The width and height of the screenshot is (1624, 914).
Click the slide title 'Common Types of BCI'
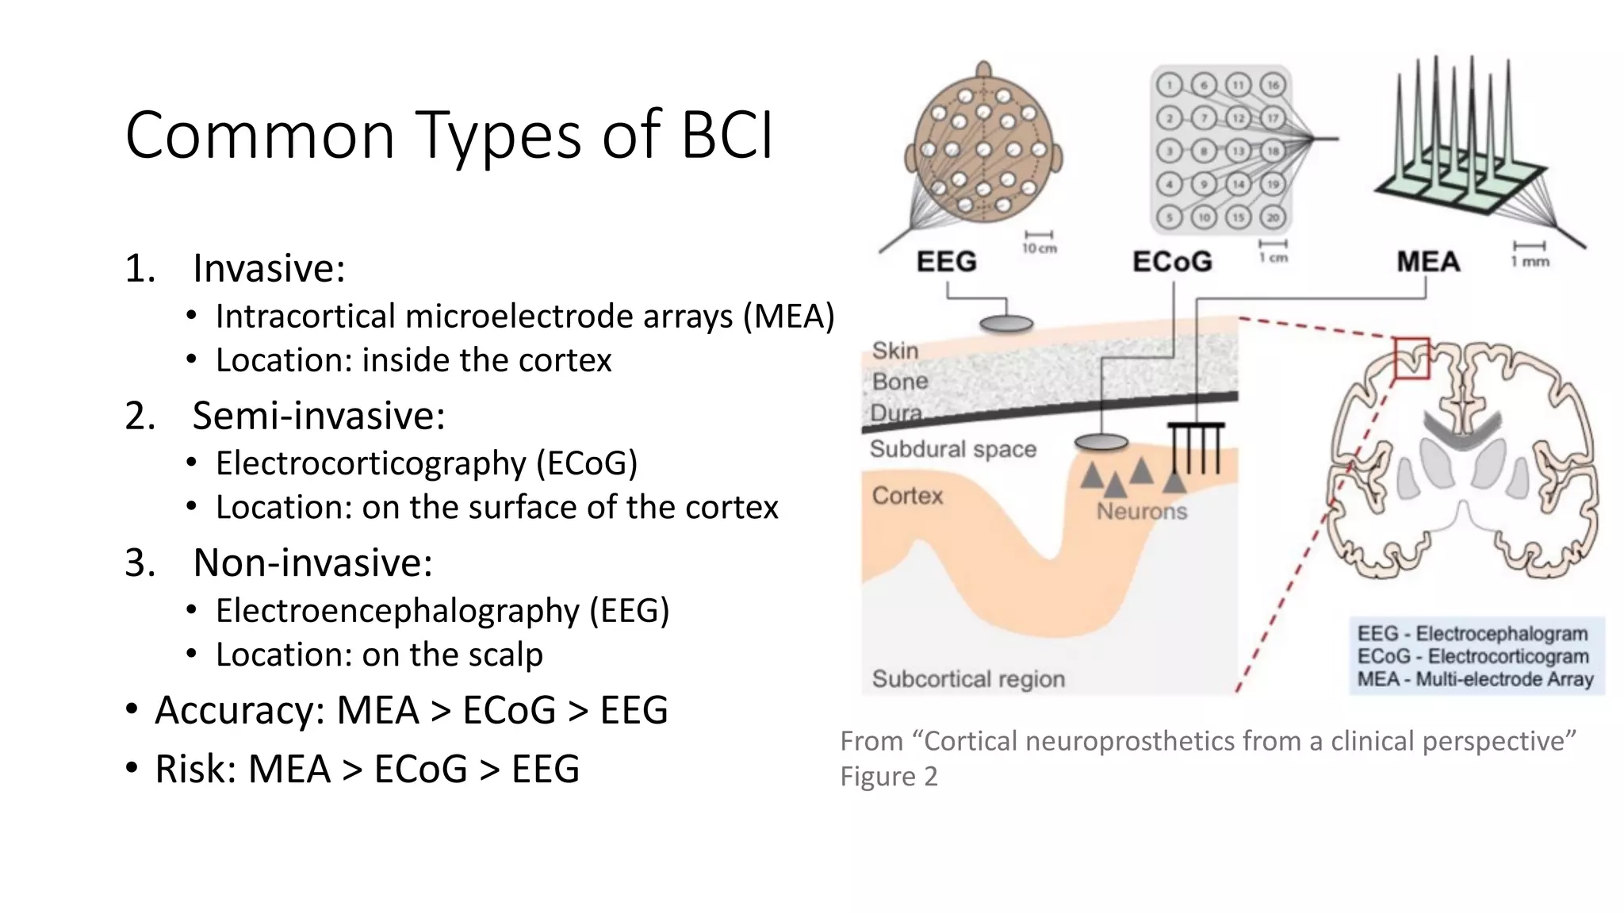449,136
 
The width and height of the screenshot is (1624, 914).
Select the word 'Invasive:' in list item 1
270,268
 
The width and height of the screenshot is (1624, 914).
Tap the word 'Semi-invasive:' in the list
319,416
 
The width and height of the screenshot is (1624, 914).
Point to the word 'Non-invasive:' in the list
313,563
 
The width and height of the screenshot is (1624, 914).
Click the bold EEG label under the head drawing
946,262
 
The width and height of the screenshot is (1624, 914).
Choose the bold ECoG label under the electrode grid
1172,262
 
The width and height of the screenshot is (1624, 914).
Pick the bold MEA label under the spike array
1427,262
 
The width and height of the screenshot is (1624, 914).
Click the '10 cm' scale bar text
1039,248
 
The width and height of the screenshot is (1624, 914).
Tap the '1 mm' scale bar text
1530,262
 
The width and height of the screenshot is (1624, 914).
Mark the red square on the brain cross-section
1411,358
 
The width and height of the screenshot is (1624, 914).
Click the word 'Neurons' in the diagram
1142,512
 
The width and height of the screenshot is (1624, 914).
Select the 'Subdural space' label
953,449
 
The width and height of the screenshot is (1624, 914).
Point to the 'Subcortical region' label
968,679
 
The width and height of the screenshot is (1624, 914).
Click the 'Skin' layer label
895,351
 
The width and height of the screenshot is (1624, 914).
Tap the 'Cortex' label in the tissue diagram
907,496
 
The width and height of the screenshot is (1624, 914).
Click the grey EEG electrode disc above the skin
1006,324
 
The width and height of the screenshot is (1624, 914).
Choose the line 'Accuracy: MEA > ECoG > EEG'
411,710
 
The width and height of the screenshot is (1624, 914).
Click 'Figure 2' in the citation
889,776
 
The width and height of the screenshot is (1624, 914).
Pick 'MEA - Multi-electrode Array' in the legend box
1475,679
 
